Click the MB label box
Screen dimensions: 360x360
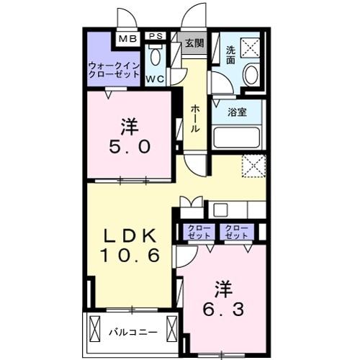127,38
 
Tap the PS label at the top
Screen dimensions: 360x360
155,36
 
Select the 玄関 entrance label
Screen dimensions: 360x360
193,42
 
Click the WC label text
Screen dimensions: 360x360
156,78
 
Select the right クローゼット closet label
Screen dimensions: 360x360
235,232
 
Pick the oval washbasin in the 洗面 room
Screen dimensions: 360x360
251,73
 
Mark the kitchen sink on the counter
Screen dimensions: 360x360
220,210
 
